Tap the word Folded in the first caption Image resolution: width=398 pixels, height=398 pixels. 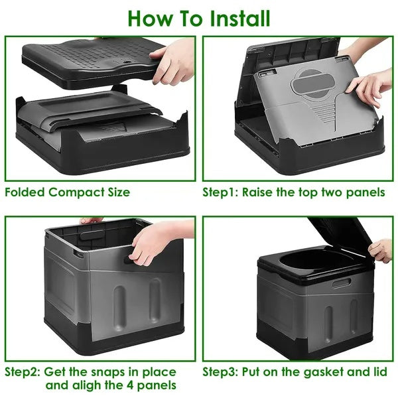click(26, 192)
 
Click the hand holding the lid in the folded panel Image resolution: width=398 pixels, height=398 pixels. click(174, 61)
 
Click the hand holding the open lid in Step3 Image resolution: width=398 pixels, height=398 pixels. click(381, 250)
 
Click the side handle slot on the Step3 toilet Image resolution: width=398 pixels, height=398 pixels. click(341, 283)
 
